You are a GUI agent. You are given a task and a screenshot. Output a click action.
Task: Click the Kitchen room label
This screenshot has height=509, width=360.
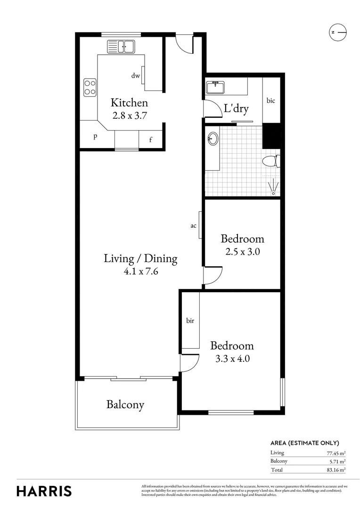click(129, 103)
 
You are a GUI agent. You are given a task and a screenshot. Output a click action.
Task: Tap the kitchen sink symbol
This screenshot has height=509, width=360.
click(121, 46)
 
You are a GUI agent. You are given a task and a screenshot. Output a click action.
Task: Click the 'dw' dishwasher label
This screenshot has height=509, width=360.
click(136, 75)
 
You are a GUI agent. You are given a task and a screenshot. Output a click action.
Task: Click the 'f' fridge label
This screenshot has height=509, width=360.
click(151, 140)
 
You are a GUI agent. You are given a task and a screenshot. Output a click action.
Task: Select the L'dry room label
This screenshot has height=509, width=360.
click(236, 109)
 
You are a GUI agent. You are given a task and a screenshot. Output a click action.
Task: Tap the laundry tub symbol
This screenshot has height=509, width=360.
click(217, 87)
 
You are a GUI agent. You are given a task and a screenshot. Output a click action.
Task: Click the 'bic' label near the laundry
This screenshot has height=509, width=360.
click(270, 100)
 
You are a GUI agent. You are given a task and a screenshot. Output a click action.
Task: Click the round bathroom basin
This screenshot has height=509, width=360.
click(213, 139)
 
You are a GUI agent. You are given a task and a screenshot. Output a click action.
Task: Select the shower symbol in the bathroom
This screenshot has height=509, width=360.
click(273, 188)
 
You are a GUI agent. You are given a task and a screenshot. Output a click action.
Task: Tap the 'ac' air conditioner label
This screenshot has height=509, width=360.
click(193, 226)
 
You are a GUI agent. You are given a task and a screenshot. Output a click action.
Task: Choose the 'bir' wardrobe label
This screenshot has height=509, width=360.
click(190, 320)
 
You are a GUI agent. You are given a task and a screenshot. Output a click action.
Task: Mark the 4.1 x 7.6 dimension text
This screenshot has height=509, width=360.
click(140, 271)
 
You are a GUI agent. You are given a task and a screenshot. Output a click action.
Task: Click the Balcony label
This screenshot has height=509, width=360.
click(125, 404)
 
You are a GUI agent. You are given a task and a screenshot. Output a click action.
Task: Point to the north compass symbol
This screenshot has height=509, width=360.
click(337, 32)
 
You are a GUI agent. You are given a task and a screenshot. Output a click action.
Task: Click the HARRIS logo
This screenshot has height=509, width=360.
click(44, 491)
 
